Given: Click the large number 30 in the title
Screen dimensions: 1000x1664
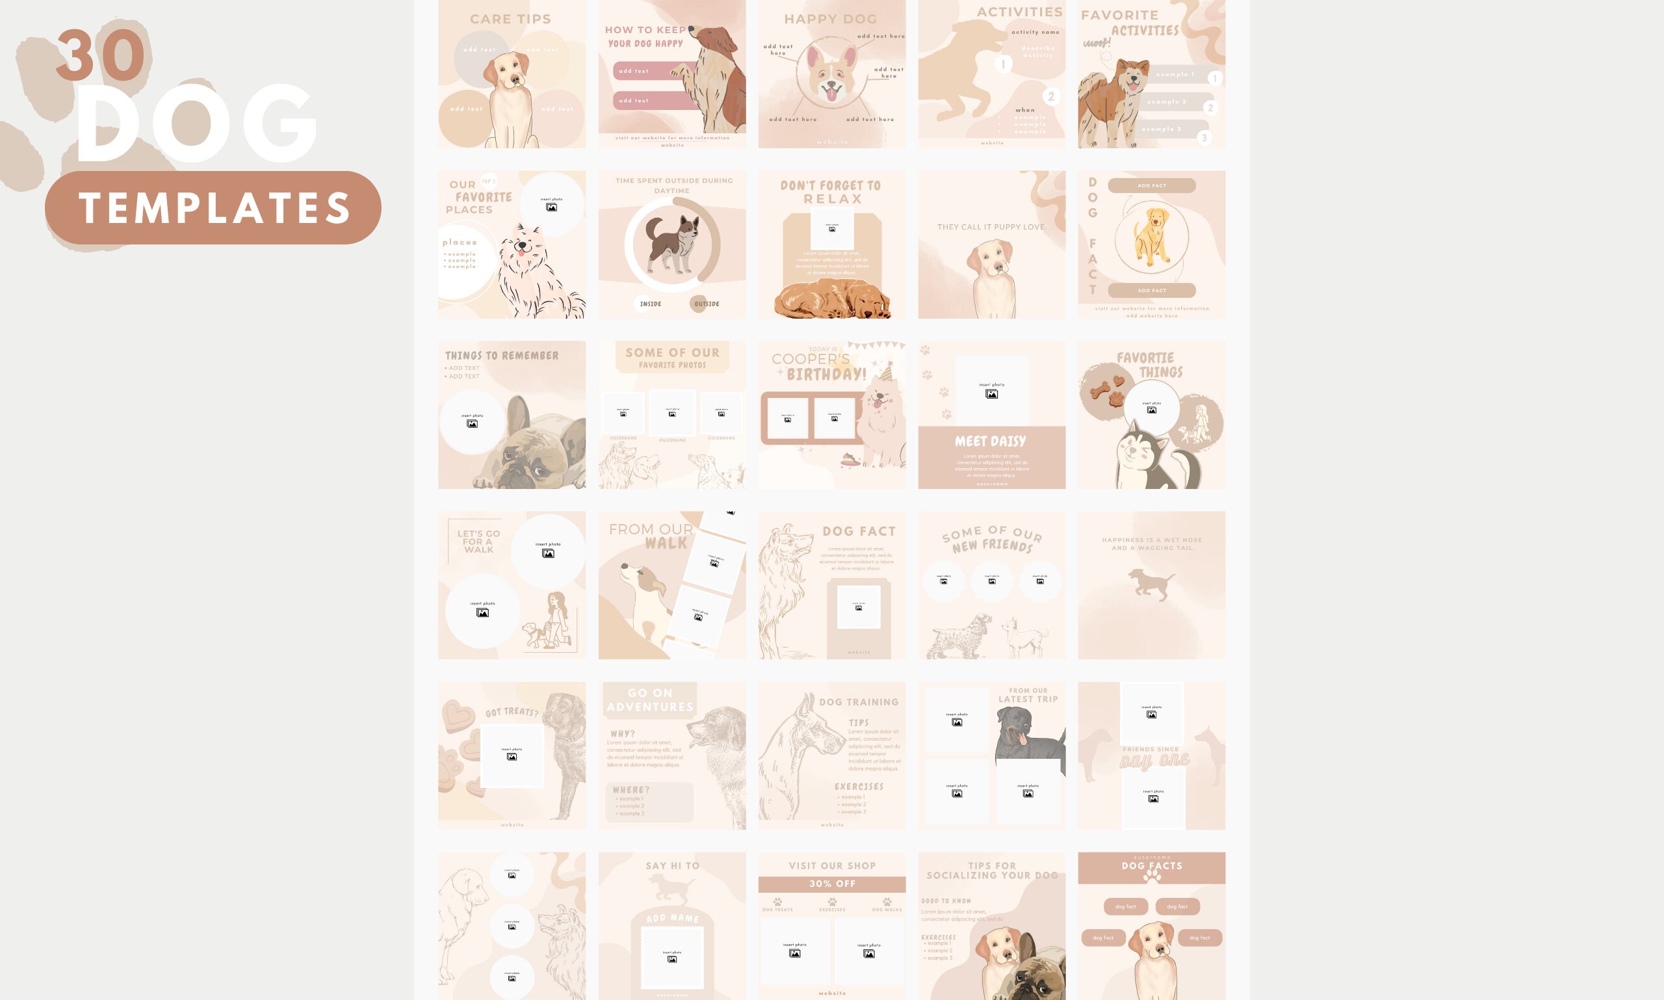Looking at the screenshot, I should [x=100, y=55].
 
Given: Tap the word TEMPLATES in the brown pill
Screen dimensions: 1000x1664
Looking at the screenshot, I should [x=214, y=207].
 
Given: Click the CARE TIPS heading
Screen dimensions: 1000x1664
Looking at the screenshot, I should [x=510, y=19].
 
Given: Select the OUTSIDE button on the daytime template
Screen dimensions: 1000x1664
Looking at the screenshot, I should [x=707, y=304].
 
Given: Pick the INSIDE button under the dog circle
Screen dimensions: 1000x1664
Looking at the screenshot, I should [x=650, y=304].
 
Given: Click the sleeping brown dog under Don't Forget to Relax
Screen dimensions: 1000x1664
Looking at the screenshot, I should [x=832, y=300].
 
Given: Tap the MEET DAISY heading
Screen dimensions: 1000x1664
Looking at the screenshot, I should [x=991, y=441].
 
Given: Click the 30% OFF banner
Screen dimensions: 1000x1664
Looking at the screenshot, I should [x=832, y=884].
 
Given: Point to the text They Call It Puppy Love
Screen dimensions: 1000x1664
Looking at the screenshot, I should [x=992, y=227].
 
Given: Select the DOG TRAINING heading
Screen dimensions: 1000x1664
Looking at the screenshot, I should [x=858, y=702].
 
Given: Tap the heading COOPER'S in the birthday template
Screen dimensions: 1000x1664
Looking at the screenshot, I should [x=811, y=359].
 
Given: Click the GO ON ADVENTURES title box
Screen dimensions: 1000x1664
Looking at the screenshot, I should [x=649, y=700].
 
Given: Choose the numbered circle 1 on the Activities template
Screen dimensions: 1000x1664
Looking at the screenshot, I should [x=1003, y=64].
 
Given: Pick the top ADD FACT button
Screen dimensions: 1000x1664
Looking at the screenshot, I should [x=1151, y=185].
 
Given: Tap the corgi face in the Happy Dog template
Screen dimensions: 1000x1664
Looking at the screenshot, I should [x=832, y=77].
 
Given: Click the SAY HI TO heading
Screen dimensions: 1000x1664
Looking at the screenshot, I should [x=671, y=865].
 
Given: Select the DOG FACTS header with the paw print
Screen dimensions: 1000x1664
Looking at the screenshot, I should [x=1151, y=868].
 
